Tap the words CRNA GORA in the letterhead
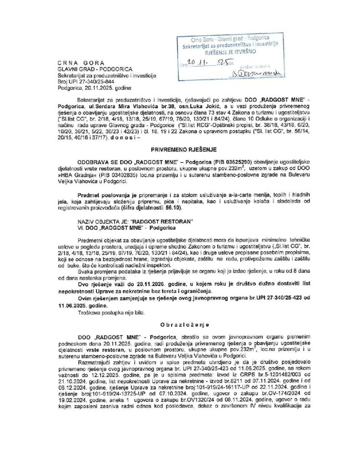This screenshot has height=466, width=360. pos(81,62)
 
